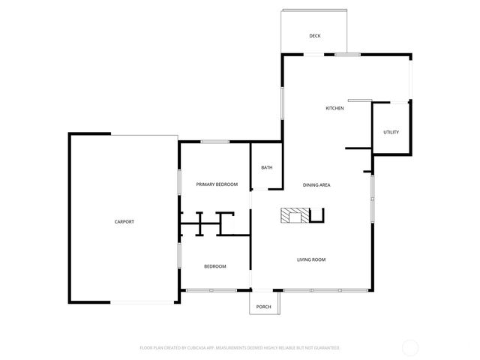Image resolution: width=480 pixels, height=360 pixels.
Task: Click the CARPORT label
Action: coord(124,222)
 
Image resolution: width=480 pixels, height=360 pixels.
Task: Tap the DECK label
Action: coord(315,36)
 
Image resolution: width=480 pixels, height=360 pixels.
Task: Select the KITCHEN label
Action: coord(334,109)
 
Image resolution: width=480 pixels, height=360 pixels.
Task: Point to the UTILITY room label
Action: coord(391,133)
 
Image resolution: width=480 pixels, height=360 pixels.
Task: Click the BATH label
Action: coord(267,167)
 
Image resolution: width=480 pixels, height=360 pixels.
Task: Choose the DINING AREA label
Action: coord(316,184)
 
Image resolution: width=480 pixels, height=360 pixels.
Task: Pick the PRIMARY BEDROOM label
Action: coord(217,184)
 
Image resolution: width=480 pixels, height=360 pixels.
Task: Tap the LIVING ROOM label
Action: coord(311,259)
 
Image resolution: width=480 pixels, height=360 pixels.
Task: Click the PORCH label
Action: coord(264,307)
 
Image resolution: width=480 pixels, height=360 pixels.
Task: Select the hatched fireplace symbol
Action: coord(289,217)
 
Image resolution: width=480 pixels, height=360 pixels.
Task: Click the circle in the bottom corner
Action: coord(410,347)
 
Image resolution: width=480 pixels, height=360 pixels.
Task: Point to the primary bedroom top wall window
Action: coord(215,142)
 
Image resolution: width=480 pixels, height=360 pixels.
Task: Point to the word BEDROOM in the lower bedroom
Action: coord(215,266)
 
